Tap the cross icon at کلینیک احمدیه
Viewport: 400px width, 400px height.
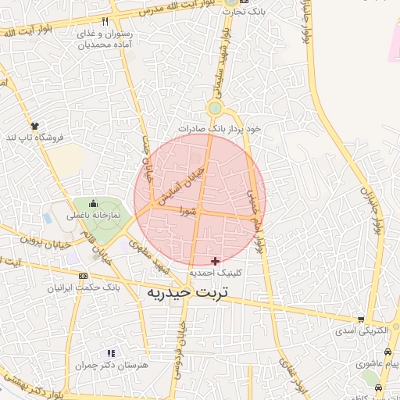pyautogui.click(x=216, y=261)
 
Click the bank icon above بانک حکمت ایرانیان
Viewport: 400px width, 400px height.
pyautogui.click(x=84, y=275)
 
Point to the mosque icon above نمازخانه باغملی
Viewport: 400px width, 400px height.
pyautogui.click(x=94, y=203)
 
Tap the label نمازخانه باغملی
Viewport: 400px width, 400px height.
pyautogui.click(x=94, y=214)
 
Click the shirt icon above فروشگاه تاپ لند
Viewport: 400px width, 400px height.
pyautogui.click(x=34, y=126)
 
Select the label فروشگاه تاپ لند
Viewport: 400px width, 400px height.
pyautogui.click(x=34, y=137)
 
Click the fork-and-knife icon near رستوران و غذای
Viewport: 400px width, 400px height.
pyautogui.click(x=105, y=22)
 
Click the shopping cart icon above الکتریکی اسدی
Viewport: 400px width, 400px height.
pyautogui.click(x=361, y=320)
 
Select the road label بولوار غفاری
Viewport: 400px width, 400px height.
pyautogui.click(x=292, y=372)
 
